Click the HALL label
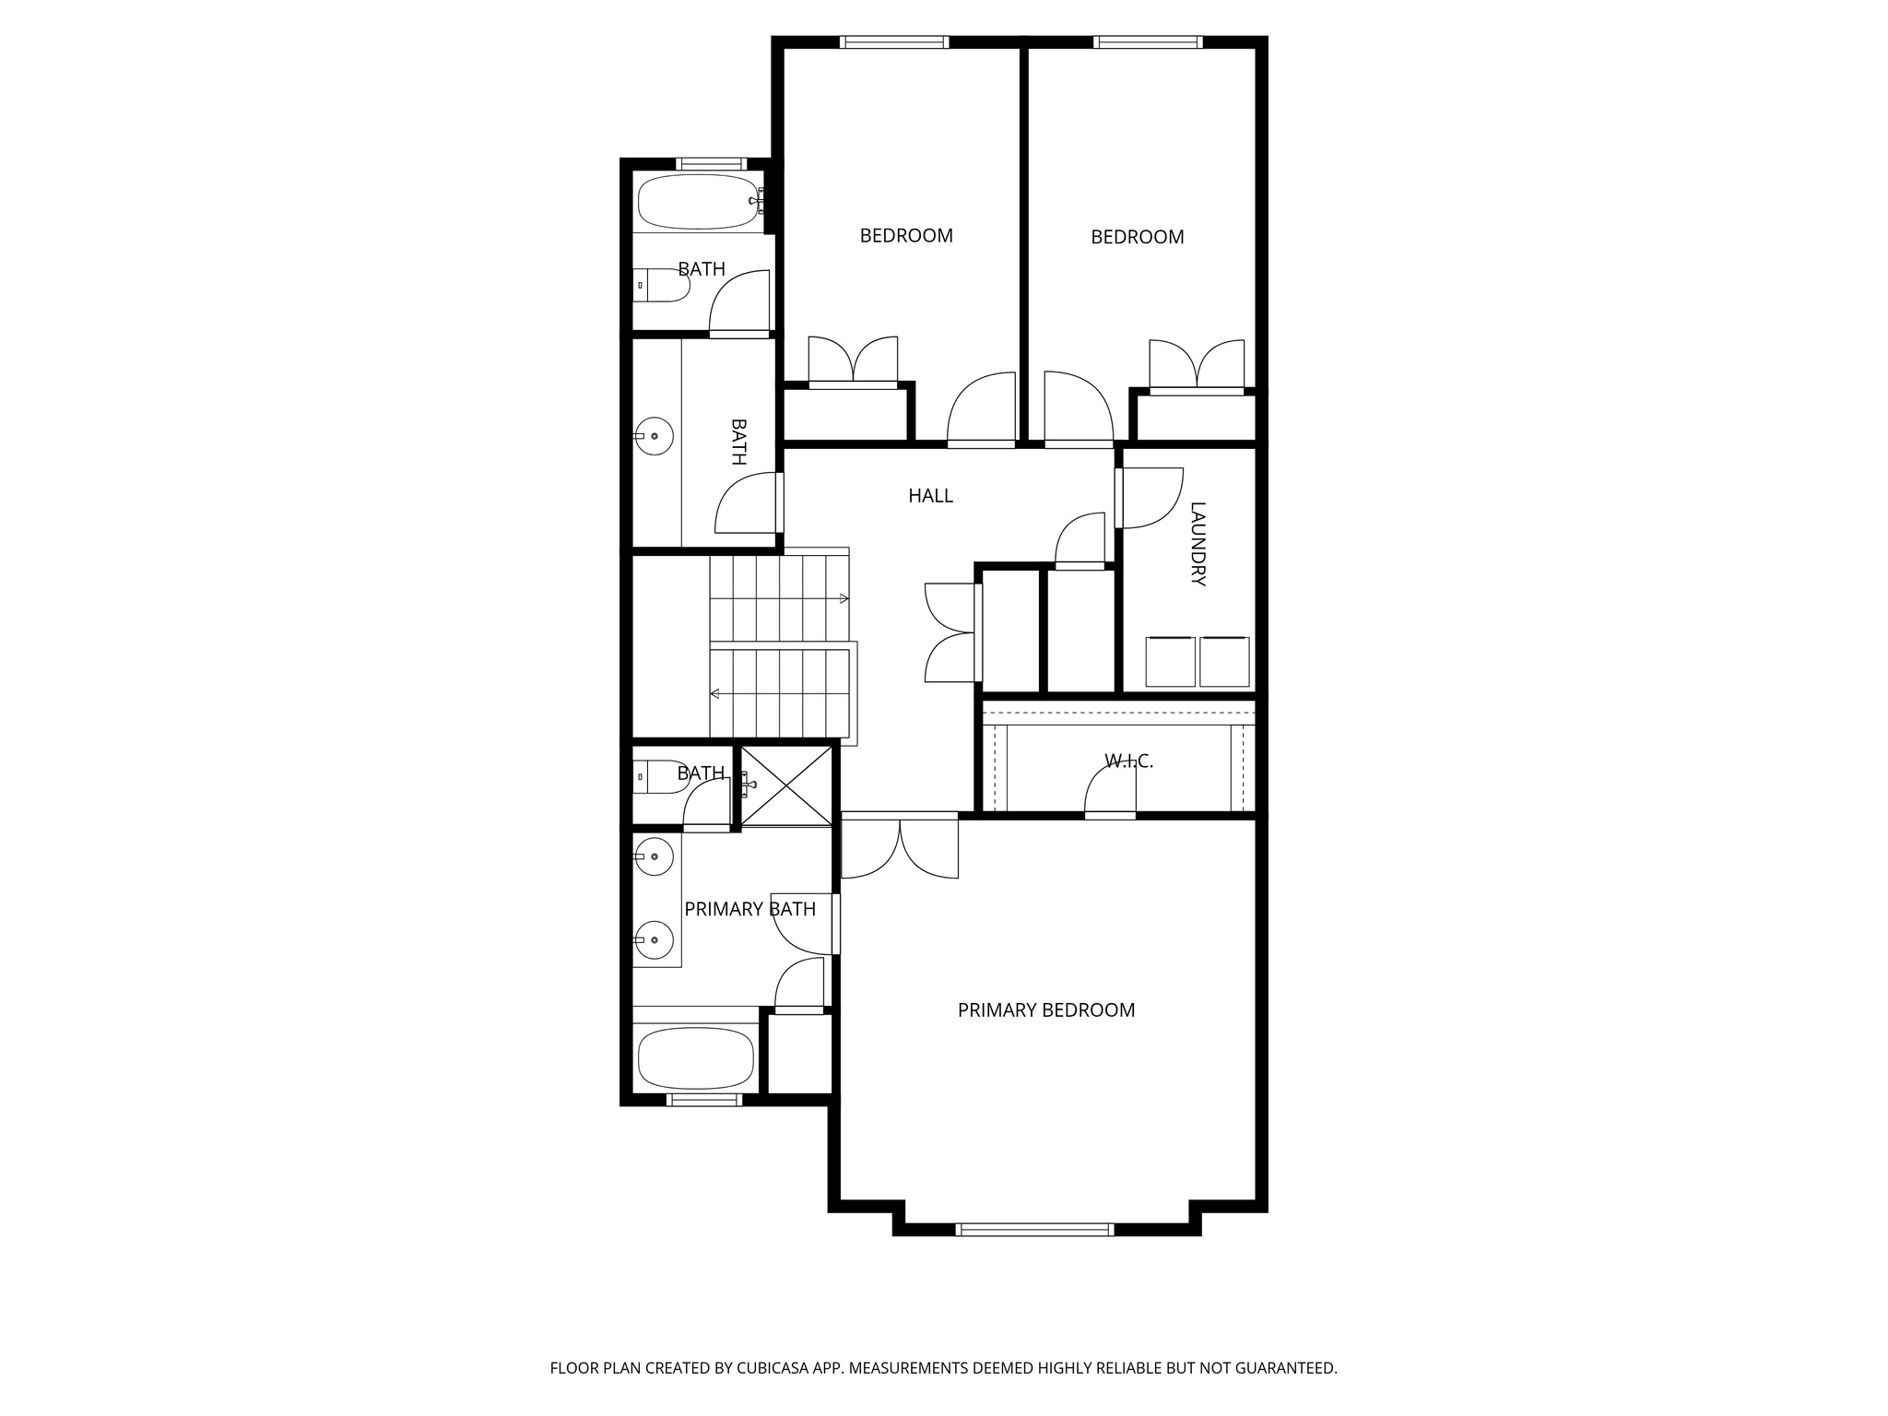click(930, 496)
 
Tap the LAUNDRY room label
click(1198, 544)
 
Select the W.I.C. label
click(1128, 761)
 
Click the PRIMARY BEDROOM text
click(1045, 1010)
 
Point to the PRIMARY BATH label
click(749, 910)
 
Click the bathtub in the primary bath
click(696, 1058)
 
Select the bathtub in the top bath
click(697, 202)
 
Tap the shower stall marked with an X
click(786, 785)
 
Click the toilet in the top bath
click(662, 285)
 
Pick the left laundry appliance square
click(1170, 662)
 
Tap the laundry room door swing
click(1149, 498)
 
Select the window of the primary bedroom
click(1034, 1229)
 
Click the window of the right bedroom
click(1147, 41)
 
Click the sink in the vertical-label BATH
click(654, 435)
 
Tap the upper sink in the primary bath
click(655, 856)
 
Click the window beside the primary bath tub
click(704, 1099)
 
